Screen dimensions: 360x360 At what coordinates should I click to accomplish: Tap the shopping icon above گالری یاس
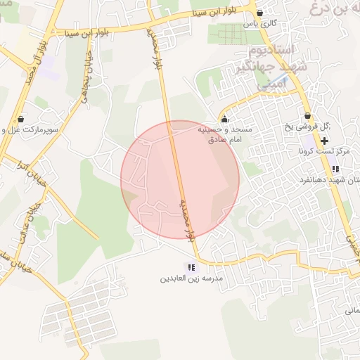tap(260, 13)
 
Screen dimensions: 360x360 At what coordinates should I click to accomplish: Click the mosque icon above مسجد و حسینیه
tap(224, 118)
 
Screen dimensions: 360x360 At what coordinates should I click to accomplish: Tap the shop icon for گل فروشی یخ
tap(307, 116)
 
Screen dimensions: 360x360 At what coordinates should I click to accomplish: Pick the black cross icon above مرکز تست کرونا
tap(324, 141)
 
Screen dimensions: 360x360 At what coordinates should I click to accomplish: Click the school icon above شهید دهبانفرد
tap(335, 169)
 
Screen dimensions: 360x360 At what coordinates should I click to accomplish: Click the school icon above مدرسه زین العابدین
tap(191, 266)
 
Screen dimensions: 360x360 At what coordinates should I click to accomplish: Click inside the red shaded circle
tap(180, 180)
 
